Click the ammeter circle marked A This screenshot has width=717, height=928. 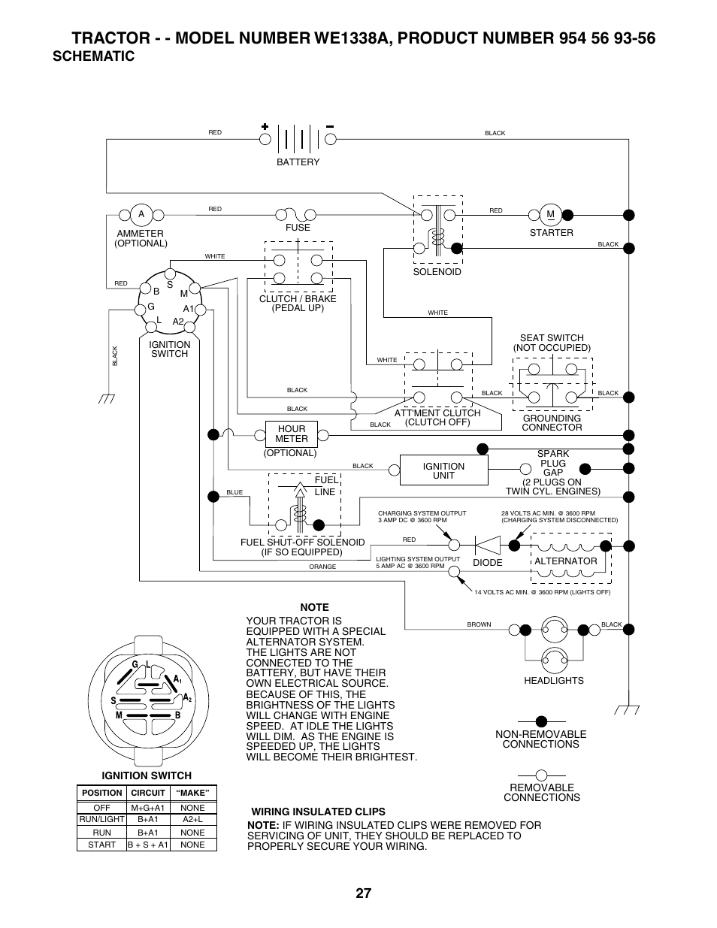pos(141,215)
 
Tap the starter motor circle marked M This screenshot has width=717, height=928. pos(551,215)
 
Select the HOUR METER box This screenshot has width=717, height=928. pos(292,434)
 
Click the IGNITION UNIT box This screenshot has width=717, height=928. pos(443,470)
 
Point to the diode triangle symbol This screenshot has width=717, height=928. pos(488,546)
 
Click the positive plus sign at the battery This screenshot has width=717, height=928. pos(265,126)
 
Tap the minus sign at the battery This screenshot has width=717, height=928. pos(330,126)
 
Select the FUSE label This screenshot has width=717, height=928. pos(298,228)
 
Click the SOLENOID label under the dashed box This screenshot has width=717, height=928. pos(437,272)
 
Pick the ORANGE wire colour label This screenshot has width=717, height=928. pos(322,567)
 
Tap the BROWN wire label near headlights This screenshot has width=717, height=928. pos(479,624)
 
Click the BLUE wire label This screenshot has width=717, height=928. pos(234,492)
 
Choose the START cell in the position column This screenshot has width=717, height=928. pos(101,845)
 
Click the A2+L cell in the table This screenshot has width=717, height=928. pos(192,820)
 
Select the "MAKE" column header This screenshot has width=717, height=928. pos(192,793)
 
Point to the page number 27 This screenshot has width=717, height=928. pos(364,893)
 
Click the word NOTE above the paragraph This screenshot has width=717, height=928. pos(315,607)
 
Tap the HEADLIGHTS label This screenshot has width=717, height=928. pos(554,681)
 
